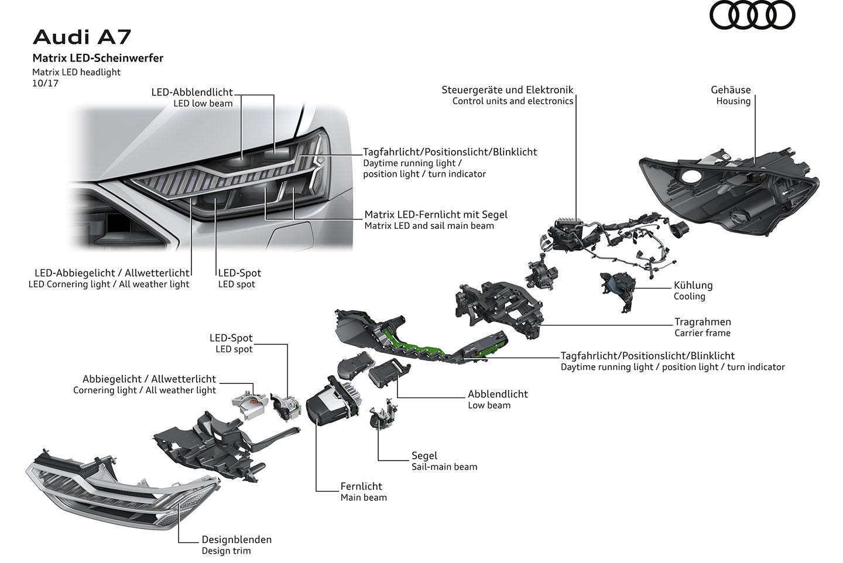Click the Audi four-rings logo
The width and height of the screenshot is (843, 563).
pyautogui.click(x=752, y=16)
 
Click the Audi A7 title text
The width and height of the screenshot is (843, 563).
pyautogui.click(x=82, y=37)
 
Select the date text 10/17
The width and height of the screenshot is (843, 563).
pyautogui.click(x=46, y=83)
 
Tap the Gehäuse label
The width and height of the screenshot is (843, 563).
pyautogui.click(x=731, y=90)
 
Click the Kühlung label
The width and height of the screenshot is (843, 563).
pyautogui.click(x=693, y=285)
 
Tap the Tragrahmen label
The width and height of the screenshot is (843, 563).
pyautogui.click(x=702, y=321)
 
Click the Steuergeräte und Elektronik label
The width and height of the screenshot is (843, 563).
pyautogui.click(x=508, y=90)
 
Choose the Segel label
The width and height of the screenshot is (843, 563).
pyautogui.click(x=424, y=455)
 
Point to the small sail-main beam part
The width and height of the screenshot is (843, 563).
pyautogui.click(x=382, y=417)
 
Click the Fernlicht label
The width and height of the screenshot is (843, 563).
pyautogui.click(x=361, y=486)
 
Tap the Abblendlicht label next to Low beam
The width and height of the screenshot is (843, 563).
pyautogui.click(x=498, y=394)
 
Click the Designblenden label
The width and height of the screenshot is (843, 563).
pyautogui.click(x=237, y=540)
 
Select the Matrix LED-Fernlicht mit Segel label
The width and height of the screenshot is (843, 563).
pyautogui.click(x=436, y=214)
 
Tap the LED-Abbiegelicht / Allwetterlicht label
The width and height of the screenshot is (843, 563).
pyautogui.click(x=112, y=273)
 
